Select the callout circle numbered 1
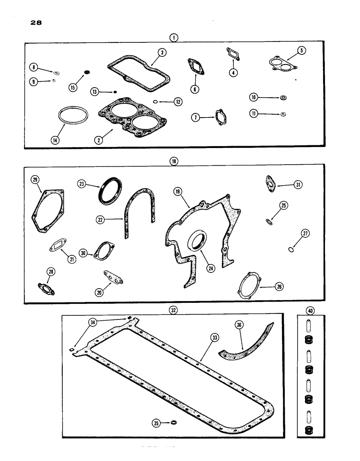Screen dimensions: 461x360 tap(173, 38)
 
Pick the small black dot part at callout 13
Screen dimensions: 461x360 tap(115, 91)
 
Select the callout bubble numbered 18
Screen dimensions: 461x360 tap(173, 161)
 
